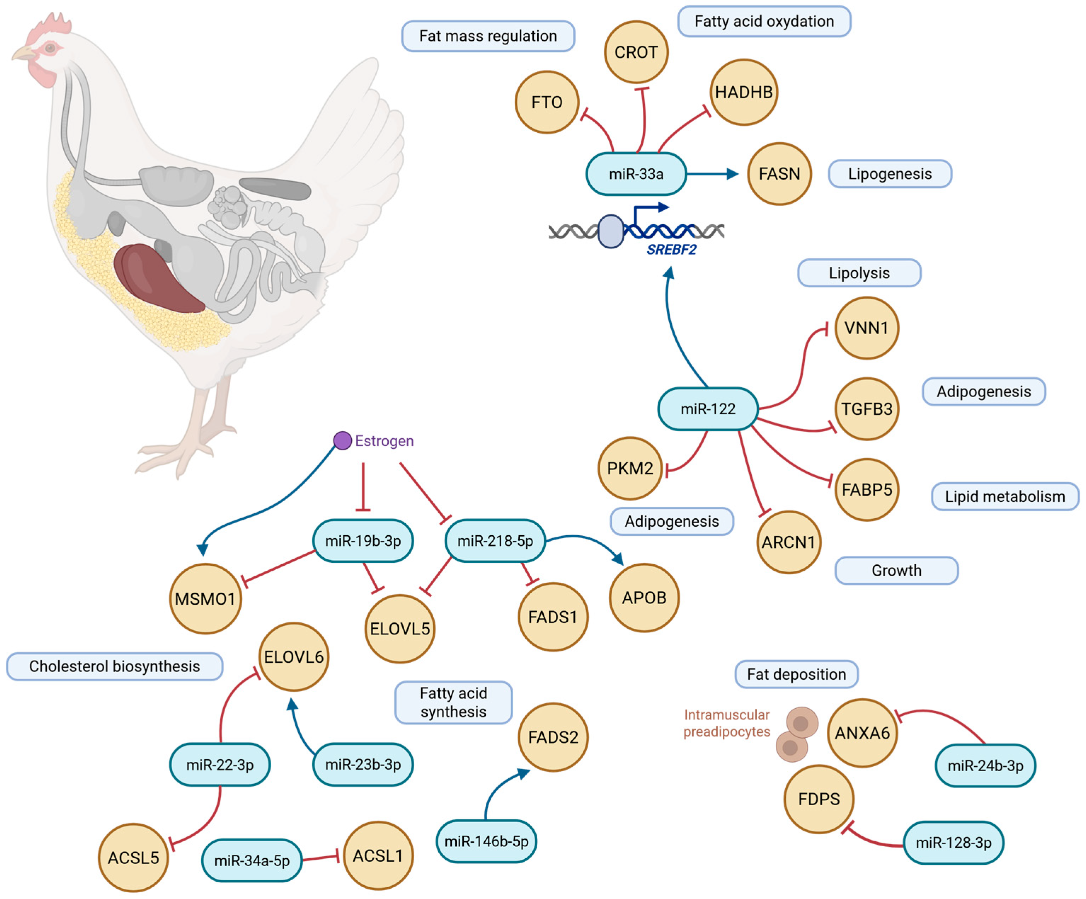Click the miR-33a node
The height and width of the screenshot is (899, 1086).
(x=636, y=174)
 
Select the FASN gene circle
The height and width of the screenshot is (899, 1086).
(x=779, y=174)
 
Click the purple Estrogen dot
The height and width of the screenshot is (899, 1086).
(x=342, y=441)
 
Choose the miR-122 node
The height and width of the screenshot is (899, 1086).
(x=707, y=409)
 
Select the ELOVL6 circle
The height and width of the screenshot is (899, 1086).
(x=293, y=657)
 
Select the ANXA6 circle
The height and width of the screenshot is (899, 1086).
(x=862, y=733)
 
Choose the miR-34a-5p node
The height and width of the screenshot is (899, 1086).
(x=252, y=860)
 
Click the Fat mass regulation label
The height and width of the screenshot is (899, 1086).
(x=488, y=36)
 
